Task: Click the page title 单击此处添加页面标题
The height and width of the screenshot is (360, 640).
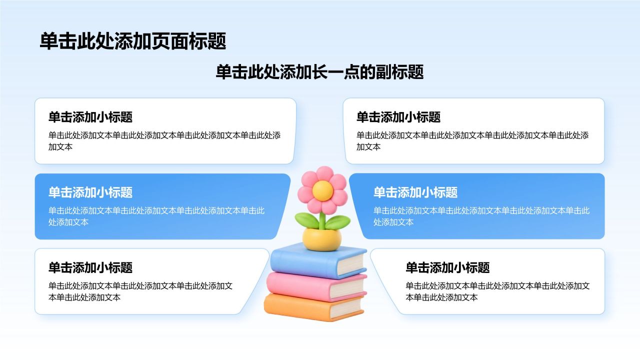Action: (x=133, y=41)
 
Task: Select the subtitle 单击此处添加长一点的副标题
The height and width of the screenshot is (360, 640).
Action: (x=319, y=71)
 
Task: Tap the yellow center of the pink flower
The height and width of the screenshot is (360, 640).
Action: (x=322, y=190)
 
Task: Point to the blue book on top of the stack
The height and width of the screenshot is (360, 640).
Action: (x=318, y=260)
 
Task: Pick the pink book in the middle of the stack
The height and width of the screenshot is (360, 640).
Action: (x=316, y=286)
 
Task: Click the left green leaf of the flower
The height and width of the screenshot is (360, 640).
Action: (x=306, y=220)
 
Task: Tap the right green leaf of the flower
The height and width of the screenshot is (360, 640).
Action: (x=338, y=222)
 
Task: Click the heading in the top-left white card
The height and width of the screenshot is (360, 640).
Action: (x=90, y=117)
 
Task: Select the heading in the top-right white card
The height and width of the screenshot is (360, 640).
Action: (x=398, y=117)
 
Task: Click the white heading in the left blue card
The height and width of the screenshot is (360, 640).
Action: (x=90, y=192)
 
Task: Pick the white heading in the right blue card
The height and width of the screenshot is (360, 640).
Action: (x=415, y=192)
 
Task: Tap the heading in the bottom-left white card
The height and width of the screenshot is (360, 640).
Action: (x=90, y=267)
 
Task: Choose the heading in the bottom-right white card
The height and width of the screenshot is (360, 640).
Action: (x=447, y=267)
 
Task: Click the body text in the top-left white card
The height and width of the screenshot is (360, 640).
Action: (x=164, y=141)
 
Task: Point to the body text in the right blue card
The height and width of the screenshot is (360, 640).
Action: (x=481, y=216)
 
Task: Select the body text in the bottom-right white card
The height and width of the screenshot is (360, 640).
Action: (x=497, y=291)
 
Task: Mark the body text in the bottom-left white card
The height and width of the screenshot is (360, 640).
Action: (x=140, y=291)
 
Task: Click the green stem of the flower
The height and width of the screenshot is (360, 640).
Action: (x=322, y=220)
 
